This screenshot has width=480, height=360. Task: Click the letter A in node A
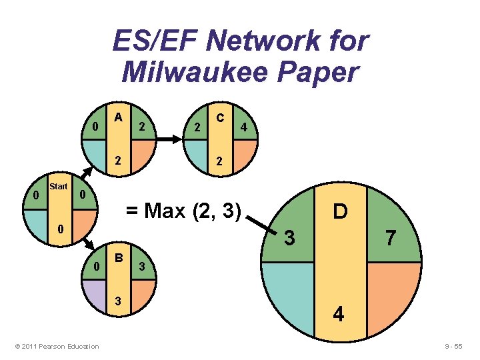pos(118,117)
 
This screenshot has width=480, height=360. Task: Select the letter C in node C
pos(218,118)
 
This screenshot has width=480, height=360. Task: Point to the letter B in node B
pos(118,257)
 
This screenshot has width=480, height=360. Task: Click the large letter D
pos(340,213)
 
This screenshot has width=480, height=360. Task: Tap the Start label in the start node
pos(59,187)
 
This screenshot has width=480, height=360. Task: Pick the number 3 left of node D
pos(289,237)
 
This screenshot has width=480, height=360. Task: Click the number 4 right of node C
pos(245,127)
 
